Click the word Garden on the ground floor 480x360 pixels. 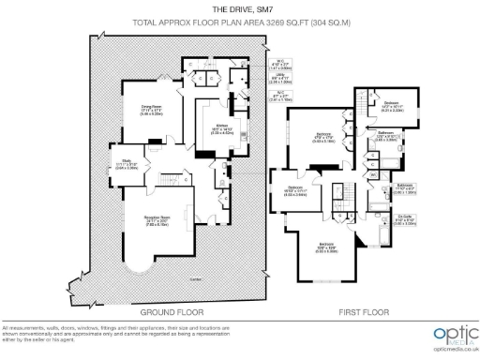pyautogui.click(x=195, y=279)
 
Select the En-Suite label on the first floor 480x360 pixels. pyautogui.click(x=405, y=219)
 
